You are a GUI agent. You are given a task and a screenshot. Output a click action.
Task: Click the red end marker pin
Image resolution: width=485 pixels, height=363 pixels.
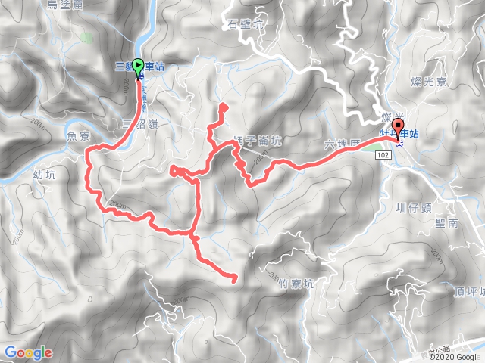click(x=396, y=129)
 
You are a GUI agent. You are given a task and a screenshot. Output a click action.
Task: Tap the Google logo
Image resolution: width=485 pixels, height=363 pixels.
click(x=28, y=352)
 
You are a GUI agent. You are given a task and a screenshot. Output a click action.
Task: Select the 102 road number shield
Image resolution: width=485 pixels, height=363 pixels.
click(x=383, y=154)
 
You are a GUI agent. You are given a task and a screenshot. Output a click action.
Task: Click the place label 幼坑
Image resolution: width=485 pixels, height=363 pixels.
click(x=45, y=175)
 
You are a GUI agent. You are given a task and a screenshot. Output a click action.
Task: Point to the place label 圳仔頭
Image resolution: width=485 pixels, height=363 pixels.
click(x=413, y=206)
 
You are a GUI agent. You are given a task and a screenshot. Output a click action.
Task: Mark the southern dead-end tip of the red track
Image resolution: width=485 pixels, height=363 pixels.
click(x=233, y=280)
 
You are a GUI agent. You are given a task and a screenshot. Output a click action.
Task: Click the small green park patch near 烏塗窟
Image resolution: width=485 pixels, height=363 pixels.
click(x=88, y=36)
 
